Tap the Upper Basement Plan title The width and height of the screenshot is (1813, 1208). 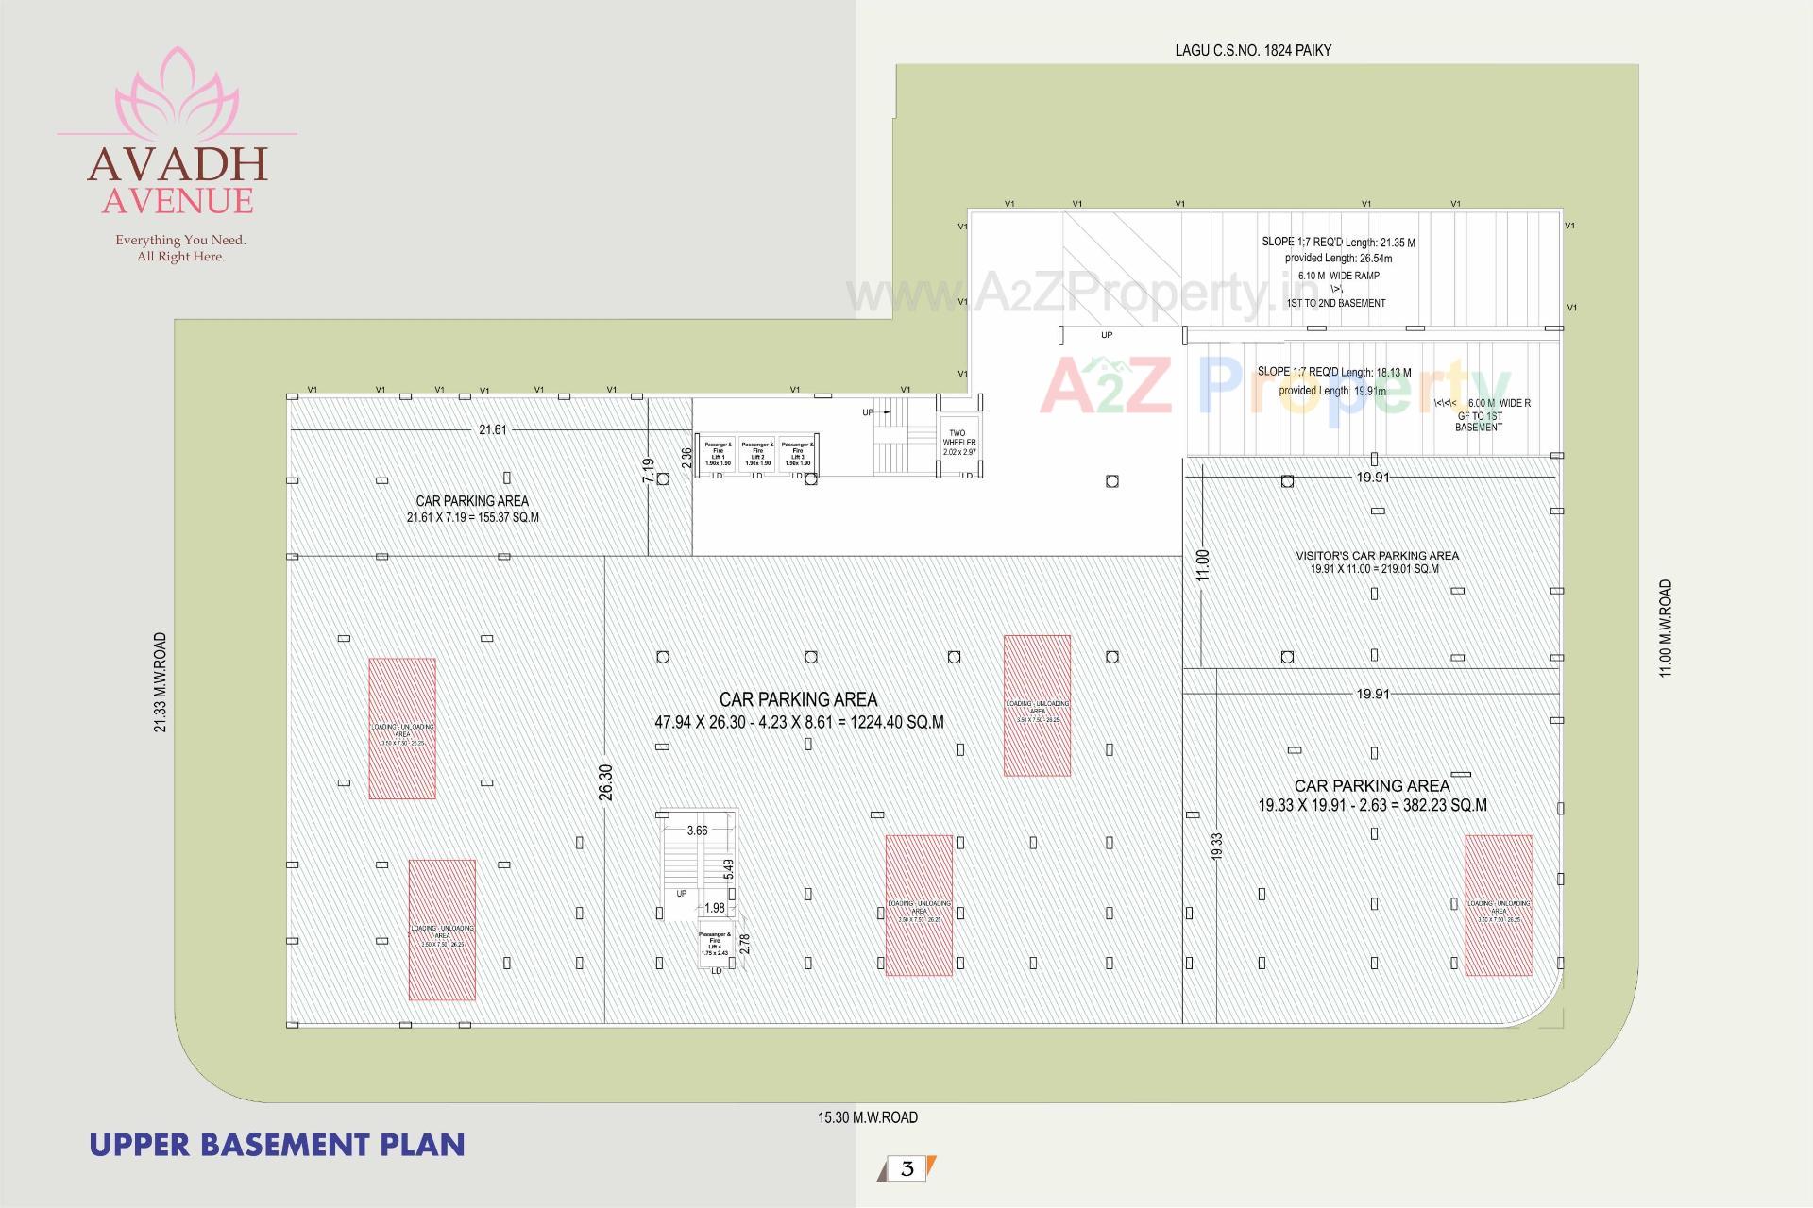pos(277,1144)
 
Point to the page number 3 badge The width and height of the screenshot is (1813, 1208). pos(906,1168)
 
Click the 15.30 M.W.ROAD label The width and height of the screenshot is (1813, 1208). pos(867,1117)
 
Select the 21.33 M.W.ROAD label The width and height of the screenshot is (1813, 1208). pos(161,682)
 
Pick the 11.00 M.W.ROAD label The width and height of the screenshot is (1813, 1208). pos(1666,628)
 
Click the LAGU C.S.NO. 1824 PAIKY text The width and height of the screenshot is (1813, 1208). pos(1252,50)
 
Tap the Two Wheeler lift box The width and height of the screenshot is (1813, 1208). pos(959,442)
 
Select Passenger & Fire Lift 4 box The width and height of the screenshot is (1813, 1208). pos(715,946)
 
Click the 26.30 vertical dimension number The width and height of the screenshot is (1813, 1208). pos(605,782)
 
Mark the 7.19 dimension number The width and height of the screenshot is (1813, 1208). pos(648,471)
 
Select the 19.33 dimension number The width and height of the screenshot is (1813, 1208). pos(1217,845)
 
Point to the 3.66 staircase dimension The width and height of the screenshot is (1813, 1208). pos(697,830)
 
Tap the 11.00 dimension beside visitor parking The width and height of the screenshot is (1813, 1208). pos(1202,564)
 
